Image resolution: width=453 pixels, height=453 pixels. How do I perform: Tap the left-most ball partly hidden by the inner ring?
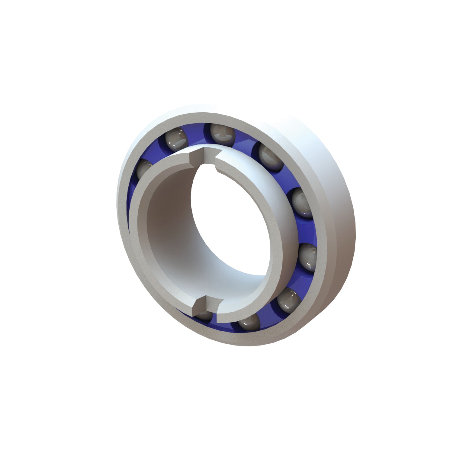144,169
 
